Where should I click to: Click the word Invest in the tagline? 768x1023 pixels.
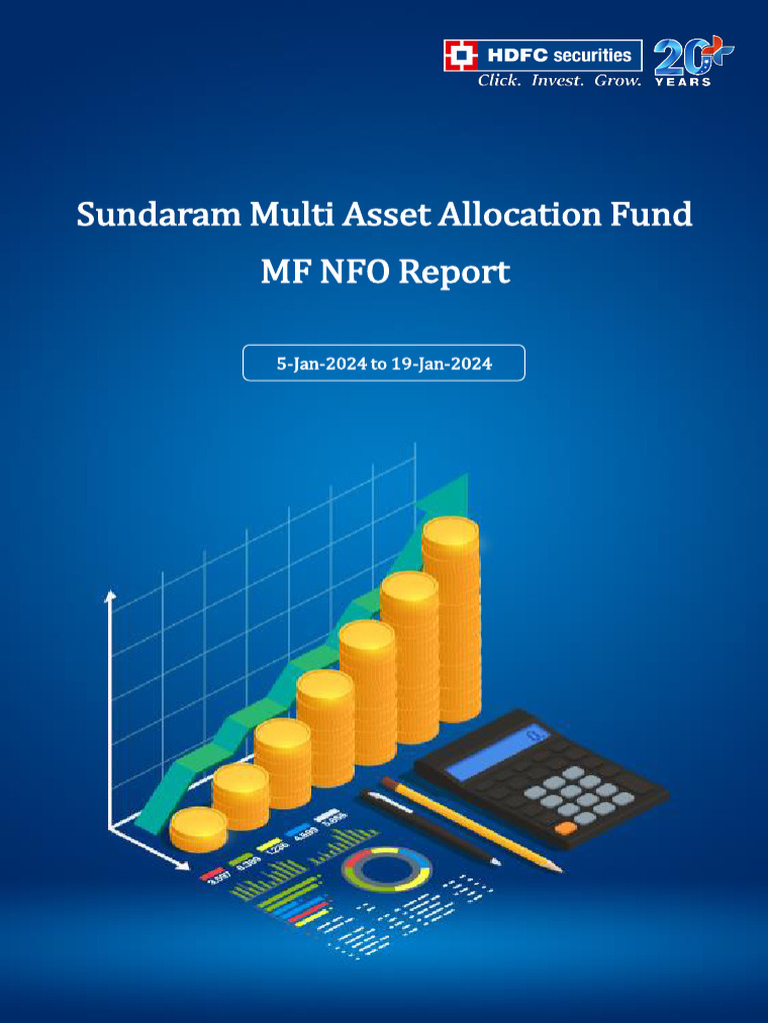point(556,80)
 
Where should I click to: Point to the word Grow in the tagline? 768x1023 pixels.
point(616,80)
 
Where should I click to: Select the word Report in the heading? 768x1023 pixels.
point(454,272)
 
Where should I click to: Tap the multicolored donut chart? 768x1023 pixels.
point(386,870)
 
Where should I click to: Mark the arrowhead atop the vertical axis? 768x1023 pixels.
point(111,596)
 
